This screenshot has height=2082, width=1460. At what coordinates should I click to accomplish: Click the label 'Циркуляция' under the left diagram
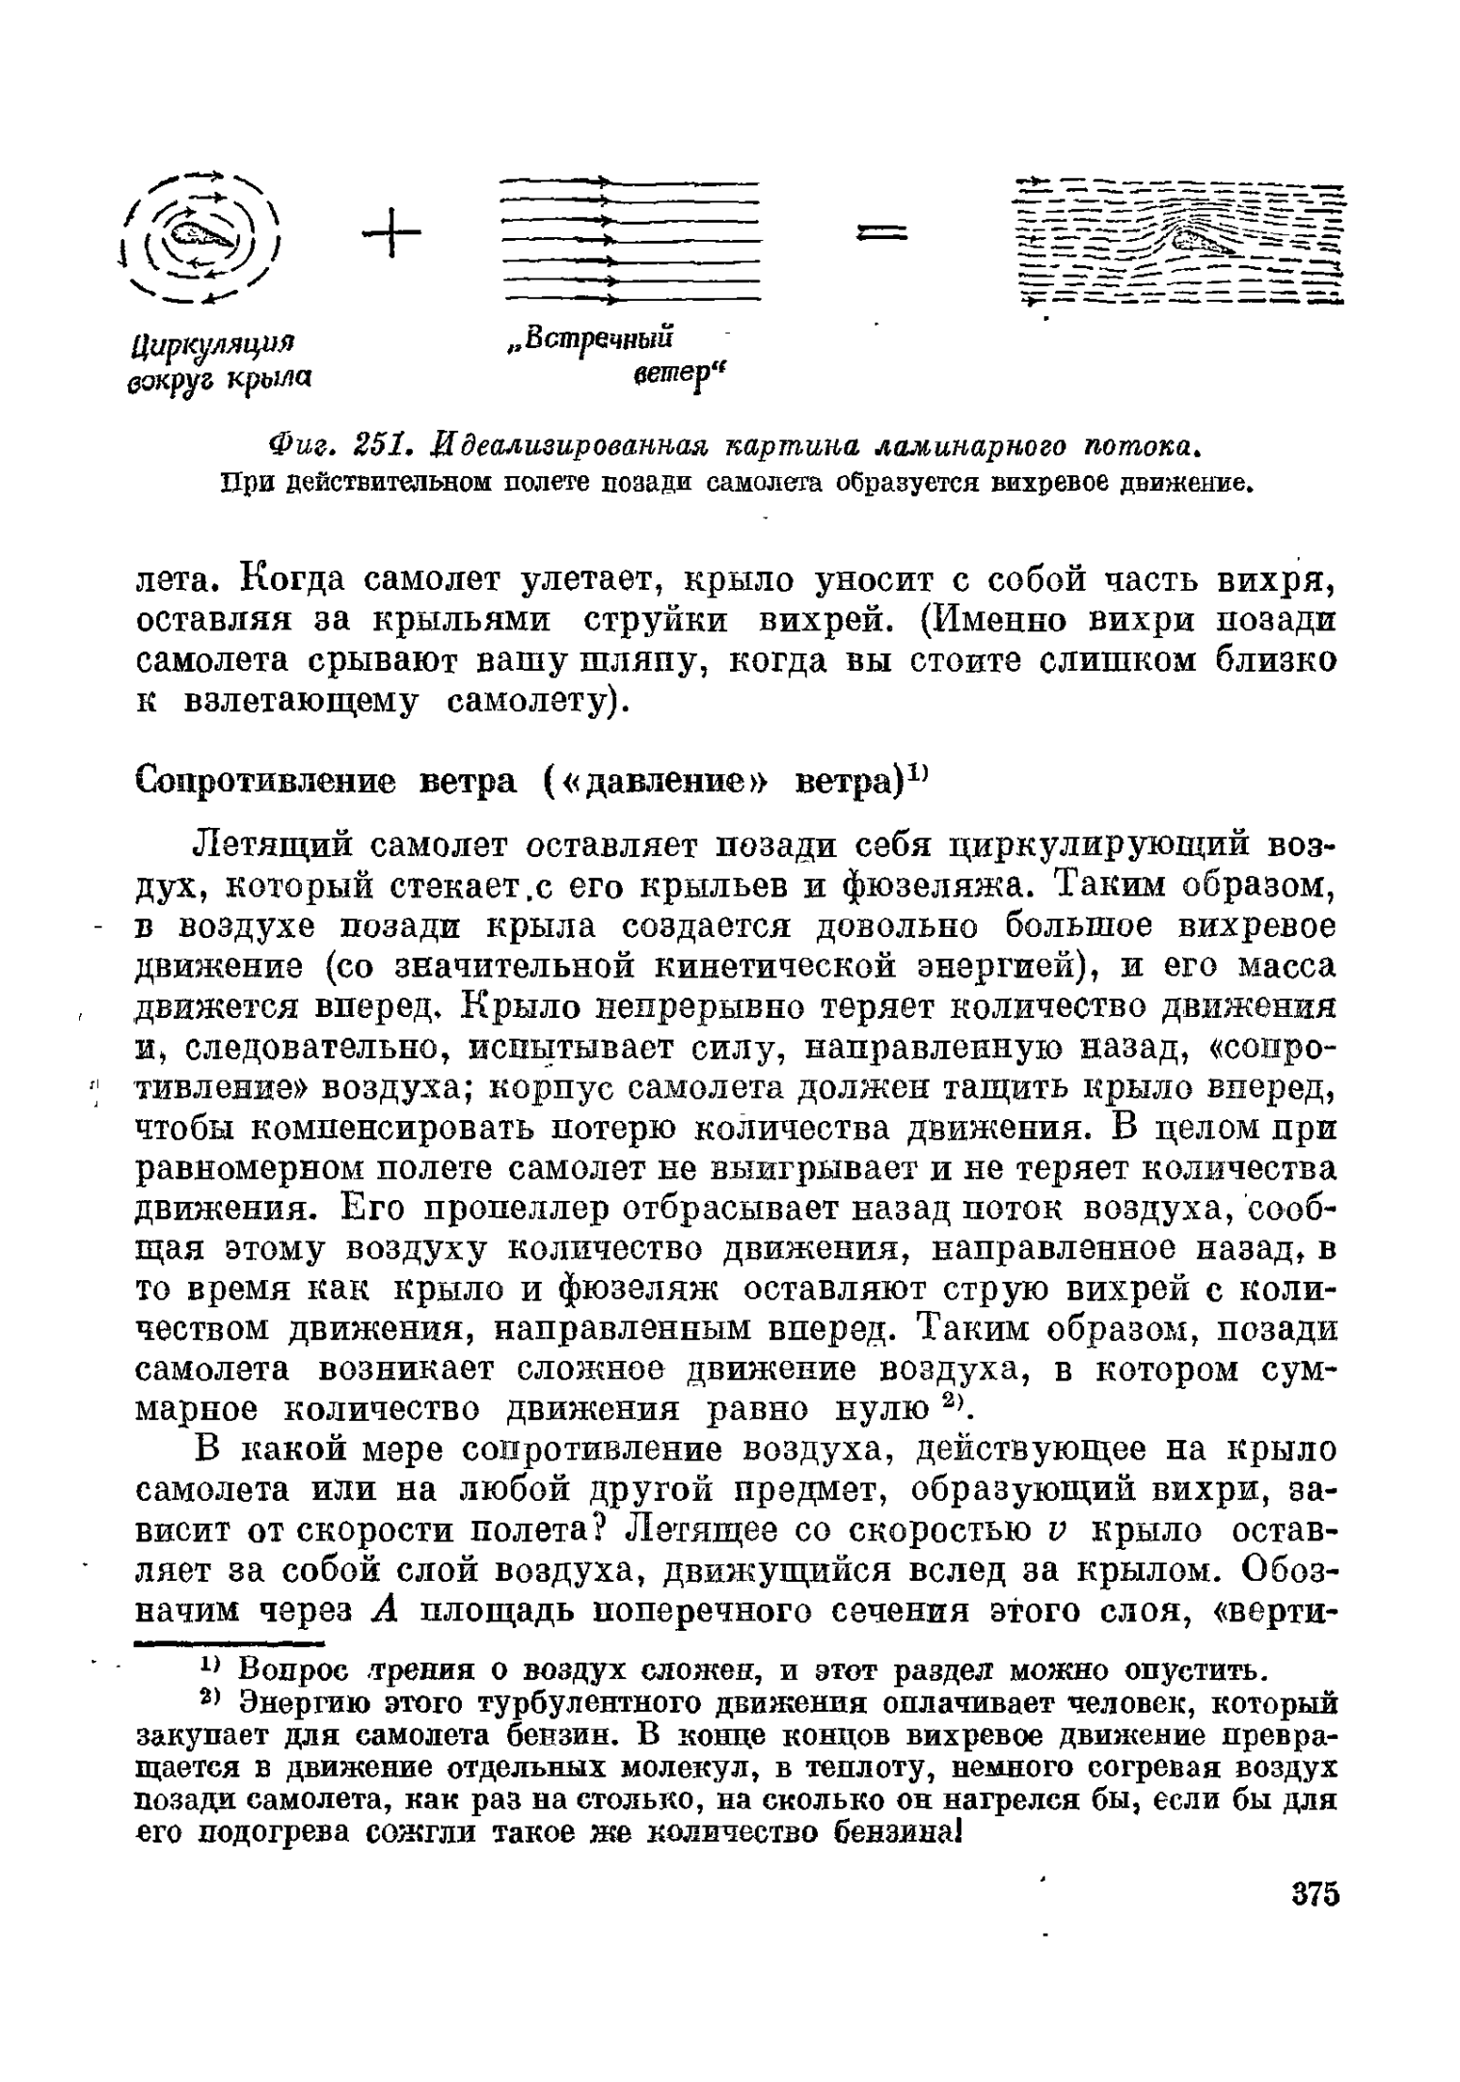coord(212,343)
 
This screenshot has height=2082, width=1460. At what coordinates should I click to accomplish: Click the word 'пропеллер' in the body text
coord(464,1209)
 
